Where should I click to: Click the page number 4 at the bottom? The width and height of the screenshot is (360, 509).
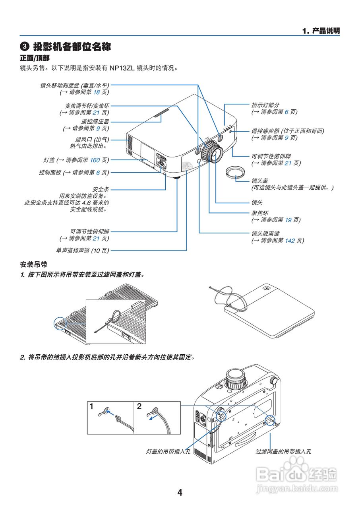point(180,493)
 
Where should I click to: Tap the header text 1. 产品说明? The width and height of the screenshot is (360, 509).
point(321,31)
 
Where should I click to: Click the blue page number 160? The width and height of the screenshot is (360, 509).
point(95,160)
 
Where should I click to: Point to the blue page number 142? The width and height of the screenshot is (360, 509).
point(290,241)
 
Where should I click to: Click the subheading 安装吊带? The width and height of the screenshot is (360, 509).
point(34,264)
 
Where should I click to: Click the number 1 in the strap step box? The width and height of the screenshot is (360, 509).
point(92,406)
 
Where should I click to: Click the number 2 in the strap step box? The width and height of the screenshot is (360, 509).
point(139,406)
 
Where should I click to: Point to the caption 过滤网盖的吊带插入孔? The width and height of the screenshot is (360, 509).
point(283,452)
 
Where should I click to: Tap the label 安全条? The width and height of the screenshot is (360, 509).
point(101,189)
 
